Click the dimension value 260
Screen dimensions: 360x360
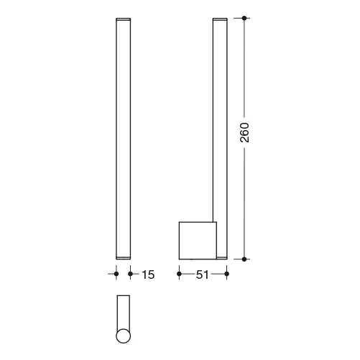tap(244, 133)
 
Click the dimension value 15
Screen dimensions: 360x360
tap(148, 274)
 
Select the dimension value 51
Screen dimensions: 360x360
tap(203, 274)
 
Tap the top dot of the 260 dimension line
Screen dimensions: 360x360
tap(244, 18)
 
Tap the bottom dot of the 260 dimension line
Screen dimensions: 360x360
tap(244, 259)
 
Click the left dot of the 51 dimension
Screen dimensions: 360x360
tap(179, 274)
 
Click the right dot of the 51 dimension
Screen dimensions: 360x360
tap(227, 274)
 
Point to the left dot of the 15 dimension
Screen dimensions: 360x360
tap(116, 274)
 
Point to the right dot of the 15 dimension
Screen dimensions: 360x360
tap(130, 274)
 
